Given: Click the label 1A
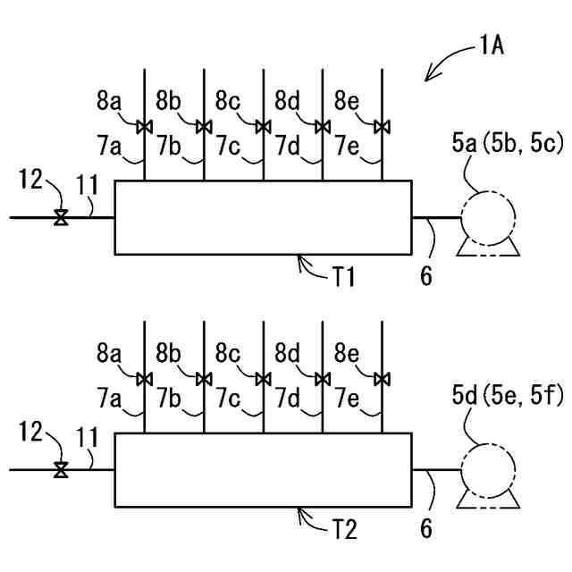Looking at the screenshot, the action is pyautogui.click(x=492, y=46).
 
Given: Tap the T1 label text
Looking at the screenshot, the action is pyautogui.click(x=343, y=276).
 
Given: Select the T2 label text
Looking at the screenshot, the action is pyautogui.click(x=344, y=529).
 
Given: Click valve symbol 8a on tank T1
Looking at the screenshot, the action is pyautogui.click(x=145, y=127).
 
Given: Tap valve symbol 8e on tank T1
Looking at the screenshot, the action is pyautogui.click(x=382, y=127).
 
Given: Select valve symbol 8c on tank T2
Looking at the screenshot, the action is pyautogui.click(x=263, y=379).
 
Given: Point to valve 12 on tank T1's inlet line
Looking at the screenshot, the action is pyautogui.click(x=61, y=218).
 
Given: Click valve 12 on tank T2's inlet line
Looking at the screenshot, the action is pyautogui.click(x=61, y=470).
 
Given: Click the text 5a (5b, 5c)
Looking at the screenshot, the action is pyautogui.click(x=508, y=143).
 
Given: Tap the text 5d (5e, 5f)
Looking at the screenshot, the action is pyautogui.click(x=508, y=395).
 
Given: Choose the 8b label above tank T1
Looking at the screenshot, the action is pyautogui.click(x=168, y=101).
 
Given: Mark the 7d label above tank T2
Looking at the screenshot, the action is pyautogui.click(x=287, y=399).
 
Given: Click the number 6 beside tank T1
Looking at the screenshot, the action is pyautogui.click(x=426, y=275).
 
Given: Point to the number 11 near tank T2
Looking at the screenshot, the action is pyautogui.click(x=88, y=437).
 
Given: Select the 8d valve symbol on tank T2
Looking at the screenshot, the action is pyautogui.click(x=323, y=379).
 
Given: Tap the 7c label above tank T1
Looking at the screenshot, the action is pyautogui.click(x=228, y=146).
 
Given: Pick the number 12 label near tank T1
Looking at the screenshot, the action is pyautogui.click(x=31, y=179).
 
